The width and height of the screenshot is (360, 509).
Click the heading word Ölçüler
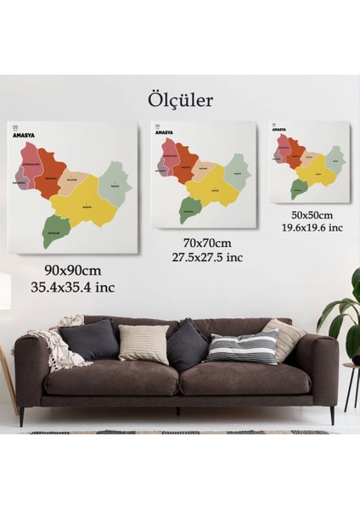(x=179, y=100)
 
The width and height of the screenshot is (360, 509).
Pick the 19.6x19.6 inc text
(x=311, y=227)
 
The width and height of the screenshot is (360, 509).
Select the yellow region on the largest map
(x=83, y=205)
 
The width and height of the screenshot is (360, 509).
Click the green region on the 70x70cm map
(x=189, y=208)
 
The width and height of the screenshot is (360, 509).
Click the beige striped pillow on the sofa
(x=143, y=344)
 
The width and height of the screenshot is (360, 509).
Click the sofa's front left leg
(x=22, y=416)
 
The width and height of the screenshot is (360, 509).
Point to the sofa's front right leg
(x=332, y=415)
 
